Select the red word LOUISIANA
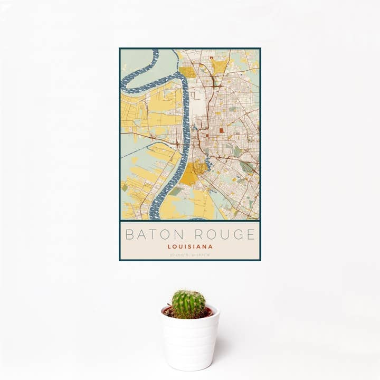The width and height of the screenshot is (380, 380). pos(190,246)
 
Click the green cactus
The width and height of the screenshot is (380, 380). pos(188,304)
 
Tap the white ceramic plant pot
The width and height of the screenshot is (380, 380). pos(190,340)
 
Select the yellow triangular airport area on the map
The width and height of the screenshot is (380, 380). pos(219,66)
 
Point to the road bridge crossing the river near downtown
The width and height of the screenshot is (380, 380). pos(185,141)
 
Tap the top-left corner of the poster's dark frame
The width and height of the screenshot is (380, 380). pos(120,49)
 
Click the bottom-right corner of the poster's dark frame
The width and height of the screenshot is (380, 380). pos(260,260)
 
